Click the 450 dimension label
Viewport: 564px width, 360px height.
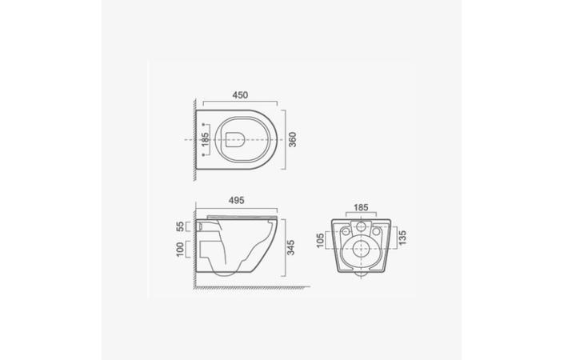(x=240, y=95)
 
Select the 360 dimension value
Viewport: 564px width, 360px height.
(x=293, y=139)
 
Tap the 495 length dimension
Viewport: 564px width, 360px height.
(x=236, y=200)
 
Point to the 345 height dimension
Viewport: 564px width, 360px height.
(x=290, y=248)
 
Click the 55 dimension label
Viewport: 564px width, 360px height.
(x=180, y=226)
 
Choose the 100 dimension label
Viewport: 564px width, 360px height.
(x=180, y=250)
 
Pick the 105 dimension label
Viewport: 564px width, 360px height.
(x=320, y=240)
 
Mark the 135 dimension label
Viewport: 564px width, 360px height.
(x=402, y=238)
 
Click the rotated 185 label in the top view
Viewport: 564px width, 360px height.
(x=205, y=140)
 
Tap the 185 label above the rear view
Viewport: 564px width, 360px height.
(x=361, y=207)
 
